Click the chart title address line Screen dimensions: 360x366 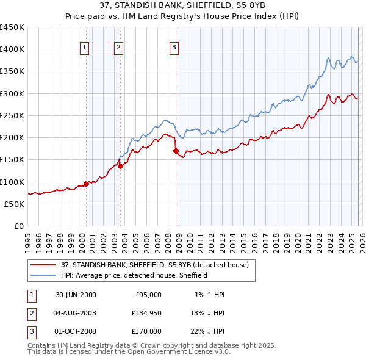click(x=183, y=6)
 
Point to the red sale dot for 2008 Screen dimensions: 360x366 click(x=176, y=151)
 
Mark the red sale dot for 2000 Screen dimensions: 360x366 click(x=87, y=183)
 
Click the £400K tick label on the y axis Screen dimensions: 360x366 click(x=13, y=49)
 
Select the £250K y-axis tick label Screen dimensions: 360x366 click(x=13, y=115)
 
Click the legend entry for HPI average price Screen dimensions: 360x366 click(x=134, y=275)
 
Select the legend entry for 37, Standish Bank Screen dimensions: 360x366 click(x=154, y=265)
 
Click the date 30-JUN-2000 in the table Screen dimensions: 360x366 click(x=76, y=295)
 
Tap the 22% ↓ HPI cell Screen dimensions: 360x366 click(x=207, y=331)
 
